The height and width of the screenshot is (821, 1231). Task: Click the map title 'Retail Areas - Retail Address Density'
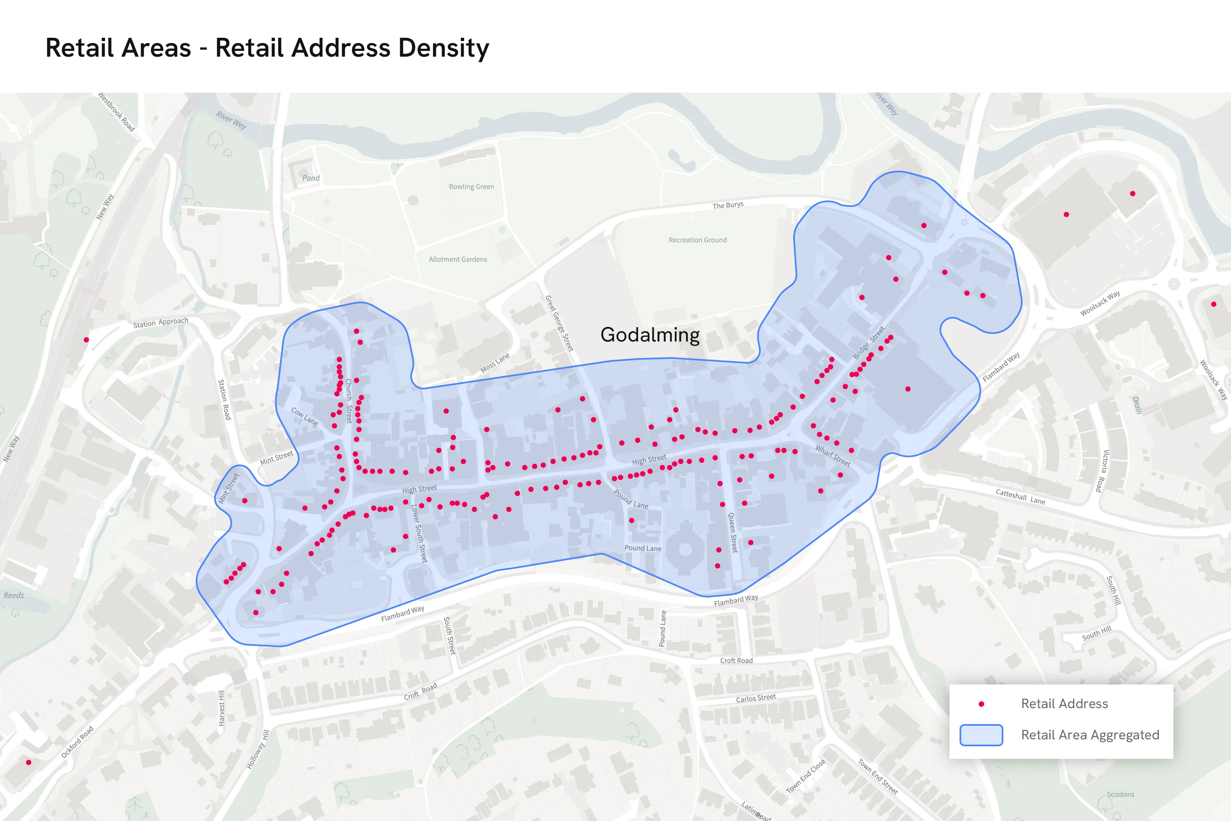pos(267,48)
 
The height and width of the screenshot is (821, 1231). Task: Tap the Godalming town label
pos(650,335)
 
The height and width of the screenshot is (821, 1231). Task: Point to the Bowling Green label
pos(471,186)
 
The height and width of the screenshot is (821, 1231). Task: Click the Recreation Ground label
pos(697,240)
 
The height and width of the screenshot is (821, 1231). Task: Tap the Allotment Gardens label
pos(458,259)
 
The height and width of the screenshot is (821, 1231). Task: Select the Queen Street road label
pos(733,532)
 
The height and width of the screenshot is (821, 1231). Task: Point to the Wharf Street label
pos(833,455)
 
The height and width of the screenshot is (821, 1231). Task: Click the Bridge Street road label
pos(868,342)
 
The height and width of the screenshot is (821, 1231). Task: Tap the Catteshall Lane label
pos(1020,496)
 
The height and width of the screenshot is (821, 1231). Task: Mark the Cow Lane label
pos(304,416)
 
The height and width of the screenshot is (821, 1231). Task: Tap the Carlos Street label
pos(756,698)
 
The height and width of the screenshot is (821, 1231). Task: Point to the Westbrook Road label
pos(116,112)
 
